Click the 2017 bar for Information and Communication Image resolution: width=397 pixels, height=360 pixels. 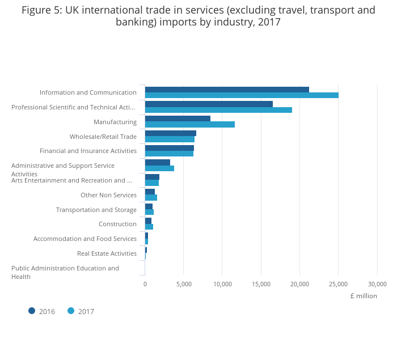click(x=242, y=95)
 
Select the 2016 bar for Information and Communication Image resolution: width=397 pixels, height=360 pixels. click(x=227, y=90)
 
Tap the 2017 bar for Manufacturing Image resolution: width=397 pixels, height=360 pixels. click(x=190, y=124)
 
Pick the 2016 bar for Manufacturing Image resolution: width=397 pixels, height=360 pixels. click(x=178, y=118)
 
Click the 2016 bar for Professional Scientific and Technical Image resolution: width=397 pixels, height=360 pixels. click(x=209, y=104)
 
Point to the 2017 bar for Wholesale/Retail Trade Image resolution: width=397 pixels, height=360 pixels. click(x=170, y=139)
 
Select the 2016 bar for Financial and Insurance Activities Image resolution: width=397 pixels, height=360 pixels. click(x=170, y=148)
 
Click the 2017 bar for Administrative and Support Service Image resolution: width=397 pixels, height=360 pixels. click(x=159, y=168)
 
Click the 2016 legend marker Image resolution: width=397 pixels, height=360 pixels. click(x=32, y=311)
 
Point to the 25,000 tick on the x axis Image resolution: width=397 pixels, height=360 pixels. click(x=339, y=284)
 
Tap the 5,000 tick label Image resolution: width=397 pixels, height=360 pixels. click(x=184, y=284)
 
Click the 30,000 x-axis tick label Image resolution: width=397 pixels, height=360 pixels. click(x=377, y=284)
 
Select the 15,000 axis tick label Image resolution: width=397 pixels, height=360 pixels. click(x=261, y=284)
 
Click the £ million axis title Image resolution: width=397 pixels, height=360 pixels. click(x=364, y=296)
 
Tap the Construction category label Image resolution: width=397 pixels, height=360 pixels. click(x=117, y=224)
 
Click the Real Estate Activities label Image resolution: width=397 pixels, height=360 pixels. click(x=107, y=253)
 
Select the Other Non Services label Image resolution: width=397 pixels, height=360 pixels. click(x=108, y=195)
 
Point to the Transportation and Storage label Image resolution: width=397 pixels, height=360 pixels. click(x=96, y=210)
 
